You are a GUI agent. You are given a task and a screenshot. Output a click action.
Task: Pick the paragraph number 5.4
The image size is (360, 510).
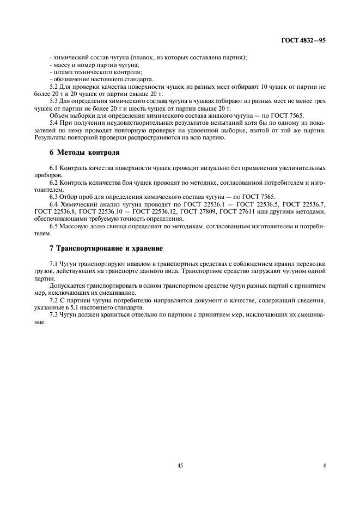[54, 123]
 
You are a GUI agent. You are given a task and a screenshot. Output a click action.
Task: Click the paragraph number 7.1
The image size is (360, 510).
[54, 263]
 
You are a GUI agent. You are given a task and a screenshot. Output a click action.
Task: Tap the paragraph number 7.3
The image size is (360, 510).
[54, 315]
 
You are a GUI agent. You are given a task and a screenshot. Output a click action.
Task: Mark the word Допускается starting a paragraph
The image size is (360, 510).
[68, 286]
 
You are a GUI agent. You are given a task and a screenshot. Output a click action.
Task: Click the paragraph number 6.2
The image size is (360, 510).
[54, 183]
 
